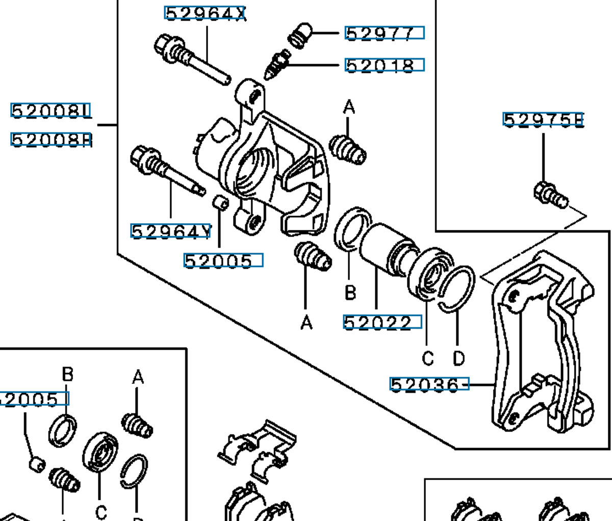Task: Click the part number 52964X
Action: [x=205, y=13]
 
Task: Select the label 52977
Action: [x=385, y=34]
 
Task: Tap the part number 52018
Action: [x=385, y=65]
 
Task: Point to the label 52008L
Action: [x=51, y=111]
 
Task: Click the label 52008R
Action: [x=51, y=139]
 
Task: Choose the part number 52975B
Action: [x=543, y=120]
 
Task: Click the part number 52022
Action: [x=382, y=322]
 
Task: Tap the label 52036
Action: [x=428, y=384]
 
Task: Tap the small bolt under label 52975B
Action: [x=549, y=195]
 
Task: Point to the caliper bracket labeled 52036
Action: [x=541, y=342]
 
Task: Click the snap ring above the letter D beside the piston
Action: [x=457, y=288]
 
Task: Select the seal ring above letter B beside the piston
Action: [x=351, y=229]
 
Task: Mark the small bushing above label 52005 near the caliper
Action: [x=220, y=202]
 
